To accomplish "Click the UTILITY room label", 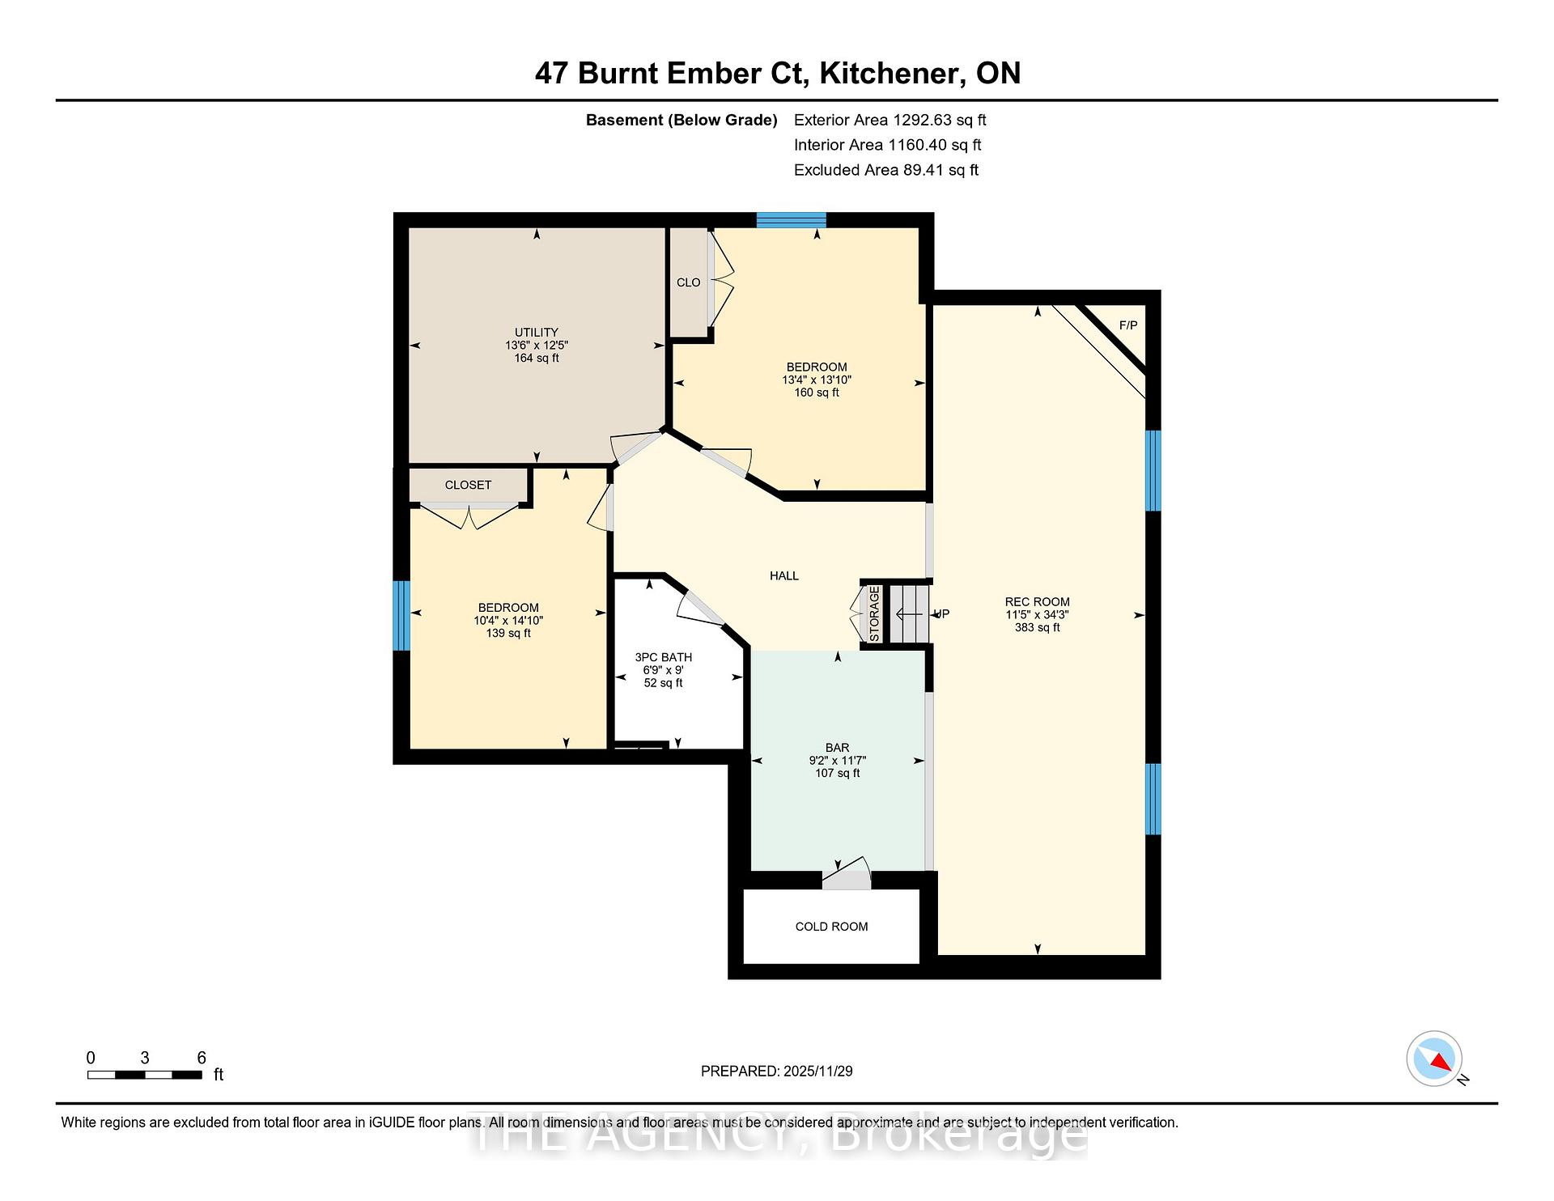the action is point(537,332).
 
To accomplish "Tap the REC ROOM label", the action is point(1037,601).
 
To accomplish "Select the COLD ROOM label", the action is point(831,927).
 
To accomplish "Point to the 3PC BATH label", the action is point(664,657).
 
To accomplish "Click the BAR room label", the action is point(837,748).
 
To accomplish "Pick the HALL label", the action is point(784,575).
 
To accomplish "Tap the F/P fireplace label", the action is point(1128,325).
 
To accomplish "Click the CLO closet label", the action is point(689,282).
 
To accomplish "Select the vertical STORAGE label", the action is point(874,614).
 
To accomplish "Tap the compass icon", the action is point(1434,1059).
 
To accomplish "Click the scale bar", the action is point(145,1075).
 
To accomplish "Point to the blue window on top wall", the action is point(791,219).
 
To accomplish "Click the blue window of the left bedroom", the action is point(401,615).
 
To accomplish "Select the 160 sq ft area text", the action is point(817,393).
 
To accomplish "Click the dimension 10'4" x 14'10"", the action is point(508,621).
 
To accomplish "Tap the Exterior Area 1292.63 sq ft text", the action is point(890,120).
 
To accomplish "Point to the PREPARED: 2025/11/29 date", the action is point(777,1071).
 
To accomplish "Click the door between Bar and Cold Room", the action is point(847,876).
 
